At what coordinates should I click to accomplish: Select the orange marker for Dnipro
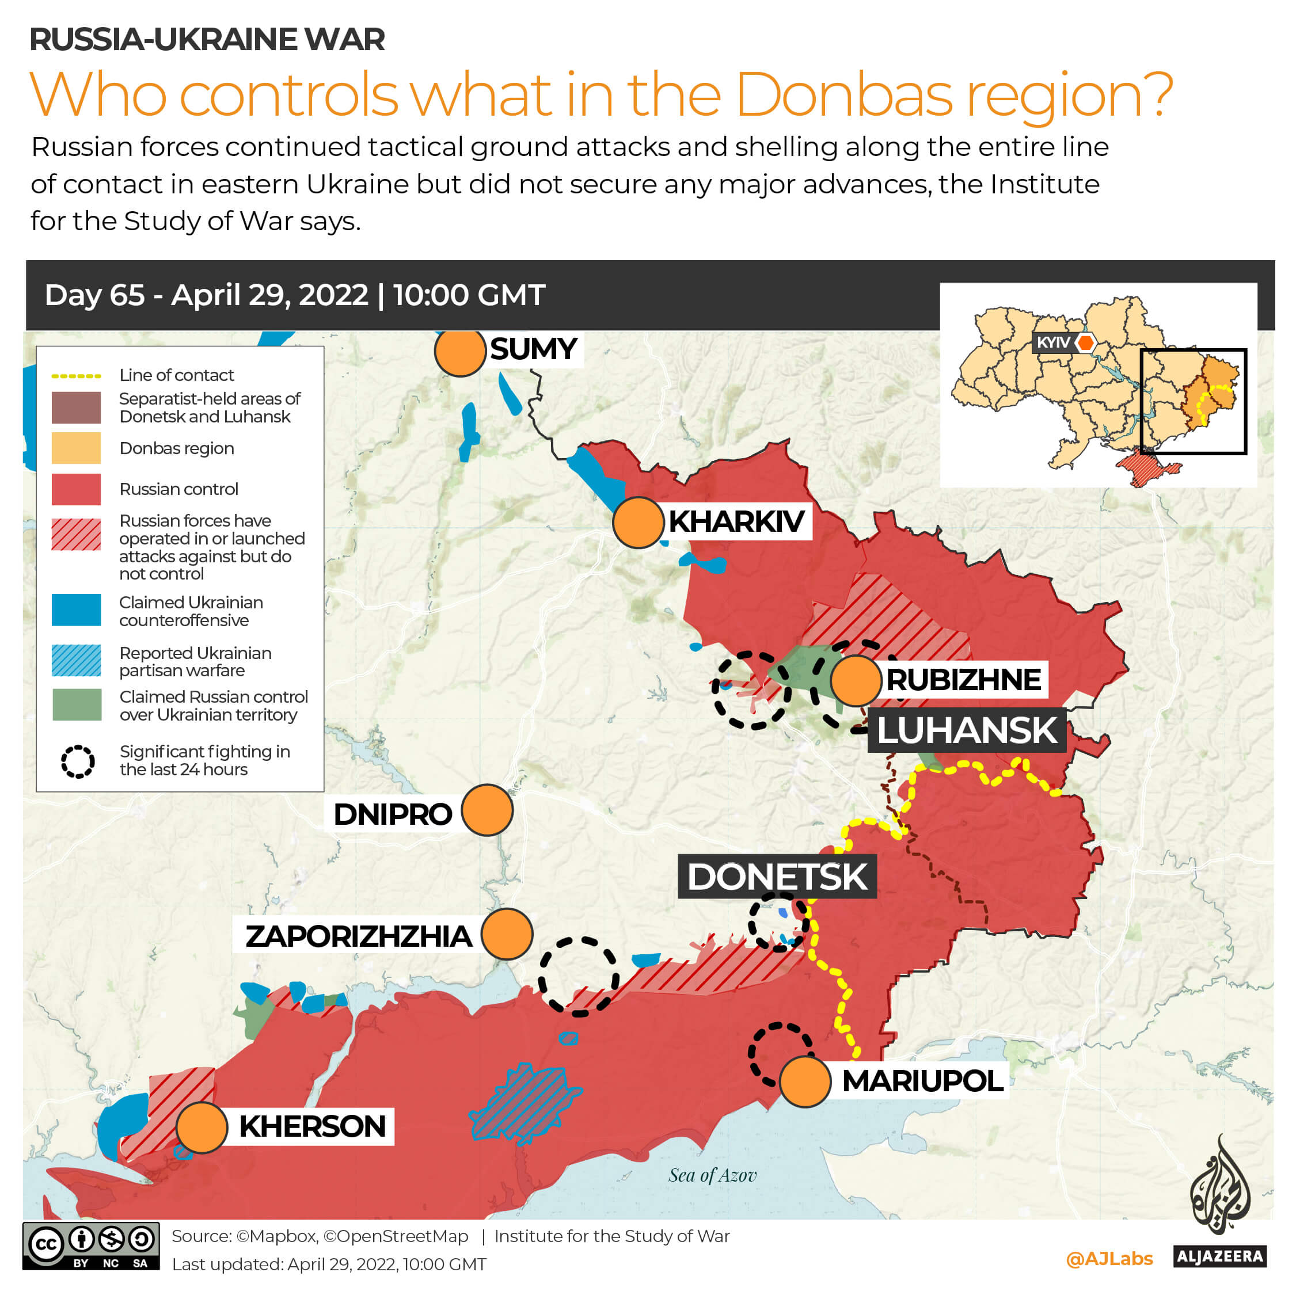[x=487, y=810]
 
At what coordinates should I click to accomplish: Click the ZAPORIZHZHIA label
[x=358, y=936]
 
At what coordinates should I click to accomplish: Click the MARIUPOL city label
[x=922, y=1080]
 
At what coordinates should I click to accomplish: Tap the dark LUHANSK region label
[x=967, y=730]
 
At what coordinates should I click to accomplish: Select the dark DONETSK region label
[x=777, y=877]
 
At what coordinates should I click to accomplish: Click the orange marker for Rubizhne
[x=856, y=681]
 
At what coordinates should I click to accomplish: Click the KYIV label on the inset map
[x=1053, y=342]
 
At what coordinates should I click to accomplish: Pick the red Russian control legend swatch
[x=76, y=489]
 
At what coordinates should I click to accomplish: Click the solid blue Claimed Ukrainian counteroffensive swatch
[x=76, y=610]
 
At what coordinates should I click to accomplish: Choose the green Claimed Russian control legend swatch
[x=77, y=705]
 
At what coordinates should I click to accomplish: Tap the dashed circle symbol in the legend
[x=78, y=761]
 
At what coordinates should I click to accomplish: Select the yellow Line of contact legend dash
[x=76, y=376]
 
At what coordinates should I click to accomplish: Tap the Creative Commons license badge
[x=90, y=1246]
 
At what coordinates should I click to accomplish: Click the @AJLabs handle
[x=1109, y=1259]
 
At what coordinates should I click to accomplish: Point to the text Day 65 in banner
[x=94, y=295]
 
